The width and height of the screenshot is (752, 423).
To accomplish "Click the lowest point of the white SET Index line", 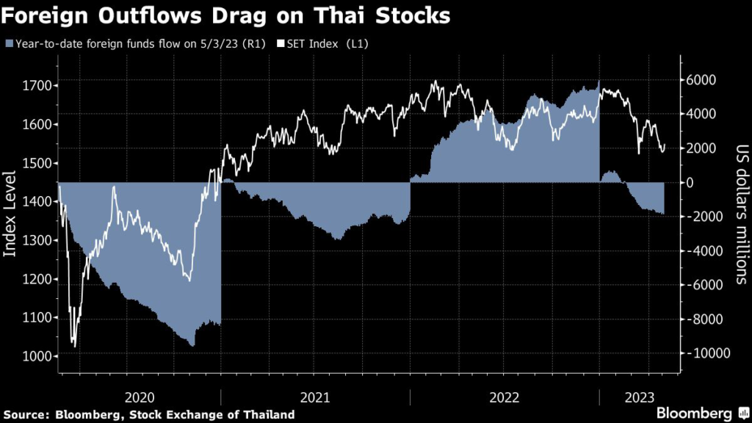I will [x=74, y=346].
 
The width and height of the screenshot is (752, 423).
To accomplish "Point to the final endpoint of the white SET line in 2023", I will [x=665, y=145].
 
